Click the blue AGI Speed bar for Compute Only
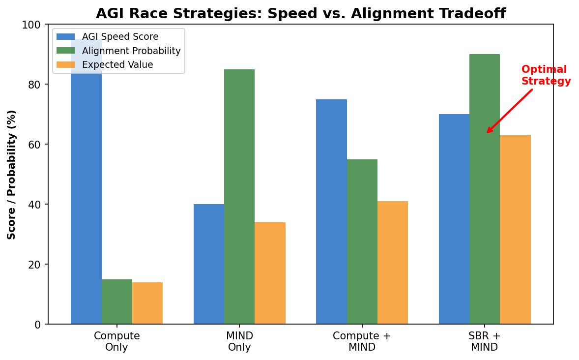pyautogui.click(x=86, y=197)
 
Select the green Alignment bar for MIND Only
pyautogui.click(x=239, y=197)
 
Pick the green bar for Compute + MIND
pyautogui.click(x=362, y=241)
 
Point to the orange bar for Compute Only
pyautogui.click(x=147, y=303)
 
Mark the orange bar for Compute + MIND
pyautogui.click(x=393, y=263)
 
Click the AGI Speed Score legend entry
pyautogui.click(x=120, y=37)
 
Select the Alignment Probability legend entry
pyautogui.click(x=131, y=51)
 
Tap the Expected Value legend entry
pyautogui.click(x=117, y=64)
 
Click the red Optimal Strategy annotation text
pyautogui.click(x=546, y=75)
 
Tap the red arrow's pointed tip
pyautogui.click(x=487, y=133)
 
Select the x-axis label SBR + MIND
pyautogui.click(x=485, y=341)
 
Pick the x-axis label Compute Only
pyautogui.click(x=117, y=341)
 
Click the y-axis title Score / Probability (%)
pyautogui.click(x=12, y=175)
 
